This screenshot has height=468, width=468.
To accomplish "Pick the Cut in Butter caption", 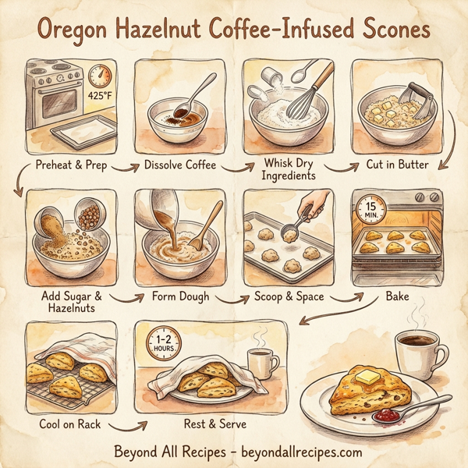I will [396, 165].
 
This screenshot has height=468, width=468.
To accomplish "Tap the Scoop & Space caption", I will [289, 297].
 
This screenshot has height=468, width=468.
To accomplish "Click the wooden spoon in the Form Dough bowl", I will [200, 232].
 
